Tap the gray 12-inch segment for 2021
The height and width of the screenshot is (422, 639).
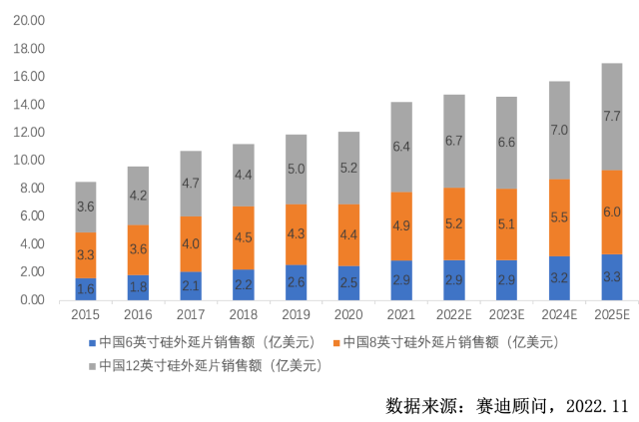click(402, 147)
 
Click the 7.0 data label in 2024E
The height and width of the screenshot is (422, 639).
click(560, 130)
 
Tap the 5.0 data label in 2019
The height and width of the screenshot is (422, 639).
click(297, 170)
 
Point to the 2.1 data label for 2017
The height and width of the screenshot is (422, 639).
click(191, 286)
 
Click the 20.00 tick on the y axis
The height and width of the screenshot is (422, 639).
click(31, 20)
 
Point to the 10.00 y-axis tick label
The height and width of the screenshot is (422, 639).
click(31, 160)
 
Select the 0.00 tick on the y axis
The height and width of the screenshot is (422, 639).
click(34, 299)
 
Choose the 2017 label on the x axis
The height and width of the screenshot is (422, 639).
click(191, 315)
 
